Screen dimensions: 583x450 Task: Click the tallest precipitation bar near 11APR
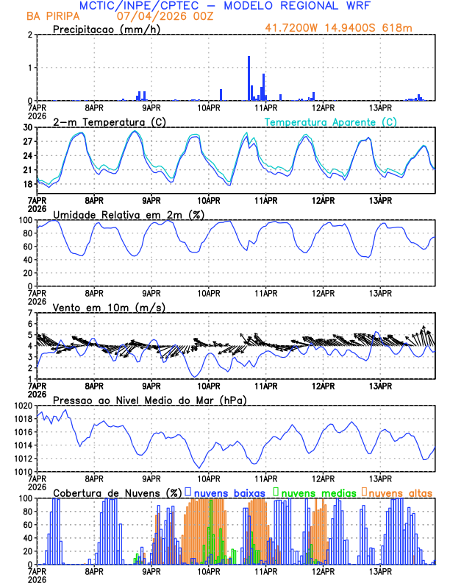coord(249,77)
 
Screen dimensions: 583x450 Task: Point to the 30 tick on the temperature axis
coord(29,127)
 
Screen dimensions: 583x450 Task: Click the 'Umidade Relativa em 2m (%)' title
coord(118,214)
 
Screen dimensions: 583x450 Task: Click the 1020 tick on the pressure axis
coord(25,406)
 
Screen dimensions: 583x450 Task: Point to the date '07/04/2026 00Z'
coord(155,15)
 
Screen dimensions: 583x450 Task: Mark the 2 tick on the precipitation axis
coord(30,35)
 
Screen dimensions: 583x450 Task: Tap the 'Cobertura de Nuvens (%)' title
coord(117,492)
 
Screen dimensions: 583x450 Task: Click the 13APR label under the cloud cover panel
coord(380,570)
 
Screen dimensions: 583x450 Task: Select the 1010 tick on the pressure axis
coord(25,471)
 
